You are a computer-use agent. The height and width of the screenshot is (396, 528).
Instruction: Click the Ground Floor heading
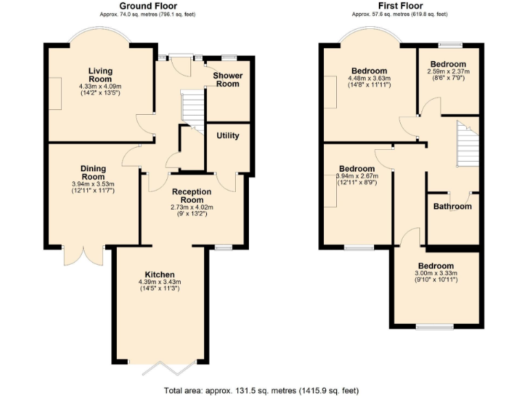(148, 6)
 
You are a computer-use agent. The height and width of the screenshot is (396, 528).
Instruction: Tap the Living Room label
(100, 75)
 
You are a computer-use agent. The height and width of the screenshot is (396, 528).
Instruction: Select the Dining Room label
(93, 173)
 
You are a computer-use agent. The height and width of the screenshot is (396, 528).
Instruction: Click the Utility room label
(228, 135)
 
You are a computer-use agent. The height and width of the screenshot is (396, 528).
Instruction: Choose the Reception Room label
(192, 196)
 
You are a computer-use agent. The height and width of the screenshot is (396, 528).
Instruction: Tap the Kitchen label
(159, 274)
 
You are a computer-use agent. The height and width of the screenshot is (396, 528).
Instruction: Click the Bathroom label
(452, 206)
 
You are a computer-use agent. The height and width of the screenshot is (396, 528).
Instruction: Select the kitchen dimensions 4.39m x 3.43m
(159, 282)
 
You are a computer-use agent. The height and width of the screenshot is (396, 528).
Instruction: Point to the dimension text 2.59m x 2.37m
(449, 71)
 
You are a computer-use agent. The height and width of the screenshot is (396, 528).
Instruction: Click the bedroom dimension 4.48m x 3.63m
(369, 78)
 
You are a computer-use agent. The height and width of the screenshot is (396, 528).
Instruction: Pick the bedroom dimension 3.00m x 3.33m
(435, 274)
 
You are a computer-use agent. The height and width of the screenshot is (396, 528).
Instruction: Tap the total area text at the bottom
(261, 390)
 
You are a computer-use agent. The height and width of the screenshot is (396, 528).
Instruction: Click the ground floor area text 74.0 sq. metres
(147, 14)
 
